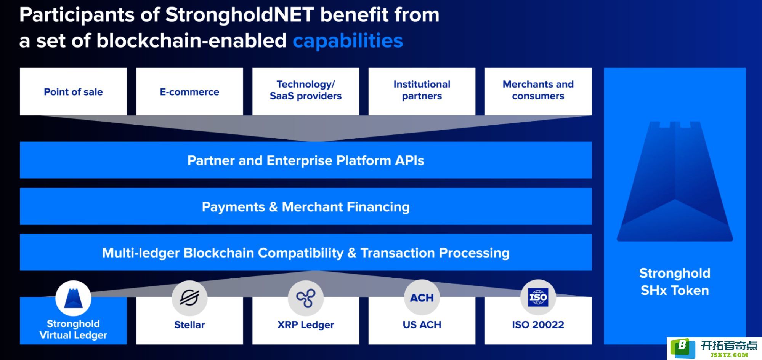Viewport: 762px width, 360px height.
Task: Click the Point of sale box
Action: point(73,91)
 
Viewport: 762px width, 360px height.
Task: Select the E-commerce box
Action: point(189,91)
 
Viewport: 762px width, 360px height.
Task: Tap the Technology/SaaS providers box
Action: point(306,91)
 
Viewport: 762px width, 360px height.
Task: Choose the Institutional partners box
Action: point(422,91)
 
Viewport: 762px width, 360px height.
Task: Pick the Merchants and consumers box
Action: point(538,91)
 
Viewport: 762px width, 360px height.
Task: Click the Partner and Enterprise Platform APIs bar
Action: point(306,160)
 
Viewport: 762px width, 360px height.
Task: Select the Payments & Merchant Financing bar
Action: point(306,206)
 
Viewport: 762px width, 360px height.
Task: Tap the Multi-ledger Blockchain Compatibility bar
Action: point(306,252)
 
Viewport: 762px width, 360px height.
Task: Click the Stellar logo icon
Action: point(189,298)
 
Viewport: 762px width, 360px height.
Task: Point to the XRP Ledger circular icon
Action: point(306,298)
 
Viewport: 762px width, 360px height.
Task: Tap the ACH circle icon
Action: point(422,298)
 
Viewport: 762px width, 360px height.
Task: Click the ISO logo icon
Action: point(538,298)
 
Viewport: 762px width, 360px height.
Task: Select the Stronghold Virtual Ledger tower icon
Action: point(73,298)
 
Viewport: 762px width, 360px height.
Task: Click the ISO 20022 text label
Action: point(538,325)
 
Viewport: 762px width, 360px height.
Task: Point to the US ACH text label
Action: point(422,325)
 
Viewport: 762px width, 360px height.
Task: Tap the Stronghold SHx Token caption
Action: point(675,282)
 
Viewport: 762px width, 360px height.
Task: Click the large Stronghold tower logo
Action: point(675,181)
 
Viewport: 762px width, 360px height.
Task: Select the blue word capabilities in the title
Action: point(348,41)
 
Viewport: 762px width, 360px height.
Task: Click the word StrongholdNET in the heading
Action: point(239,15)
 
